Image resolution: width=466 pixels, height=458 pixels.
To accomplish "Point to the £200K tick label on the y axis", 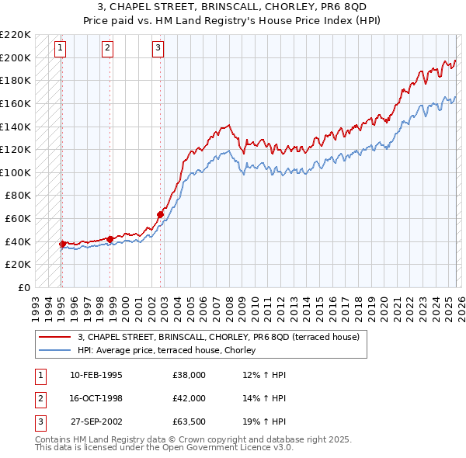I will pyautogui.click(x=16, y=57).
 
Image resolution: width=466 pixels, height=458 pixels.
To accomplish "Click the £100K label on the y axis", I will pyautogui.click(x=16, y=172).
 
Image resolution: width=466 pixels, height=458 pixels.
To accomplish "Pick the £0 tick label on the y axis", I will pyautogui.click(x=23, y=287).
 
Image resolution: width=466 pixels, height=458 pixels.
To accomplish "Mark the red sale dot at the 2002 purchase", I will pyautogui.click(x=161, y=214).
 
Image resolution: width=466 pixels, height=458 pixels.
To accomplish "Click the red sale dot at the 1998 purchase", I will pyautogui.click(x=110, y=239).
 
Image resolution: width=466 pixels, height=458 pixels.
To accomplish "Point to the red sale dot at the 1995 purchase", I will pyautogui.click(x=62, y=244).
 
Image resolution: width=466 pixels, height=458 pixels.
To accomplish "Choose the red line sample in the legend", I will pyautogui.click(x=55, y=338).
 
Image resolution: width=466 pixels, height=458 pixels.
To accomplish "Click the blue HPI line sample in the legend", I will pyautogui.click(x=55, y=351).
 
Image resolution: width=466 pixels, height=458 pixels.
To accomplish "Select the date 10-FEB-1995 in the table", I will pyautogui.click(x=96, y=375).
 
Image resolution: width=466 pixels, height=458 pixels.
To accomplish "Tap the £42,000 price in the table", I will pyautogui.click(x=190, y=398).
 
